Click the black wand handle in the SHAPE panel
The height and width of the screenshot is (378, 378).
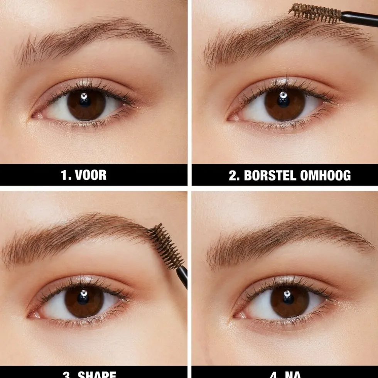(182, 276)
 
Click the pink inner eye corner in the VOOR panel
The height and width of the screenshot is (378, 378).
(37, 115)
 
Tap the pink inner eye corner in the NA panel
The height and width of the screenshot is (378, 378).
(239, 315)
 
